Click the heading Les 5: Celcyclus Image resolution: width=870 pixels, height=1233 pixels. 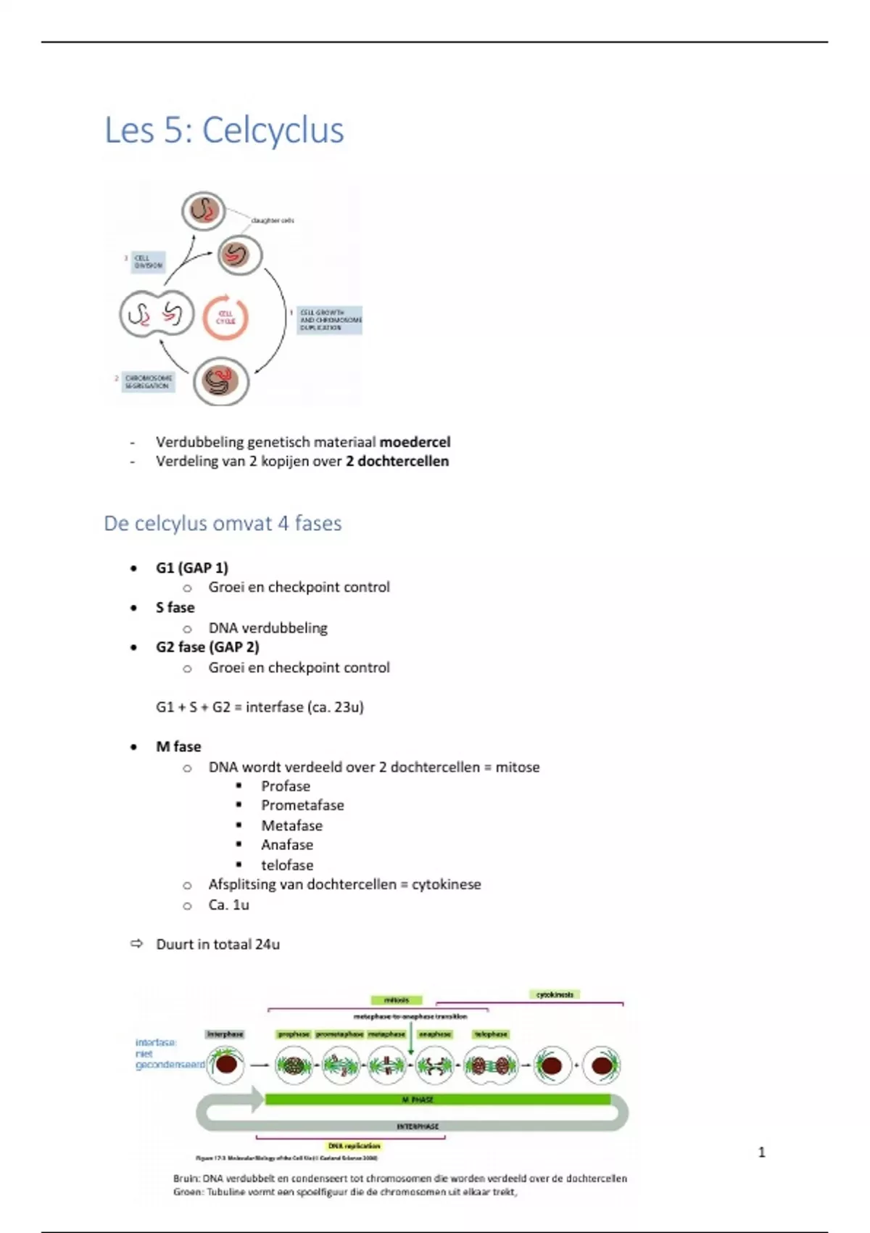pos(224,131)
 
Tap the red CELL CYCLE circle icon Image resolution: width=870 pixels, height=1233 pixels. pos(225,318)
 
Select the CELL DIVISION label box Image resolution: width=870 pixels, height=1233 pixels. pos(148,262)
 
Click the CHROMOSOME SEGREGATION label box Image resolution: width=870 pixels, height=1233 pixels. pos(148,382)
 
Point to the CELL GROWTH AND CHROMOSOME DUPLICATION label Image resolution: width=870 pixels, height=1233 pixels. pos(330,320)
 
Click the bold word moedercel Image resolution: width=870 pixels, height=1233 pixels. pos(415,442)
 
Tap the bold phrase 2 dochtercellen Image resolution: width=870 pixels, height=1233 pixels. pos(397,461)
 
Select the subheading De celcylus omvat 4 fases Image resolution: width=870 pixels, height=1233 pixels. pos(223,524)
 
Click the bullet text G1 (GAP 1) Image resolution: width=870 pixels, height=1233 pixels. pos(191,568)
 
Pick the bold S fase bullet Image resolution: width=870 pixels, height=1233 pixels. pos(175,608)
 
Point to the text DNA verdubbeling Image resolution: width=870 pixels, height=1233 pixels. pos(268,628)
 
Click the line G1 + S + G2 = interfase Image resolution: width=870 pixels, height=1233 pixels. pos(260,707)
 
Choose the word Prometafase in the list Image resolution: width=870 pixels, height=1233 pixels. pos(302,805)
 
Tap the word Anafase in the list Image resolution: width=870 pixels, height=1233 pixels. pos(287,845)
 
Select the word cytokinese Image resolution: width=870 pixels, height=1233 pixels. pos(446,885)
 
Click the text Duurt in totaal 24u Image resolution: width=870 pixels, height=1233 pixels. pos(217,944)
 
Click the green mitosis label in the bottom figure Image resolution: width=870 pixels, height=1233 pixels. pos(396,1000)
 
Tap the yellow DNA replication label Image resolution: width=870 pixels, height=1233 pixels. pos(354,1146)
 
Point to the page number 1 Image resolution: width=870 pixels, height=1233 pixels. pos(761,1152)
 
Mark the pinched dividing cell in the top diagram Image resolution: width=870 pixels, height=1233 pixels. pos(157,314)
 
